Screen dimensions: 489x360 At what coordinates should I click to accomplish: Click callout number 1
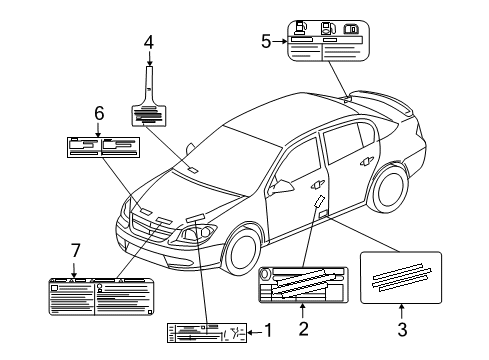268,331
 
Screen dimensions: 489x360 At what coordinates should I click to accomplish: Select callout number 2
304,328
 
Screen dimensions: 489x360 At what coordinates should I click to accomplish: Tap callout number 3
402,329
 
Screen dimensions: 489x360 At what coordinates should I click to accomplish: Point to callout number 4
149,43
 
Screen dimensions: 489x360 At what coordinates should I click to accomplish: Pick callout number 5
266,42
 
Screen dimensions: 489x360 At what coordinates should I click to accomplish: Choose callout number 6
99,113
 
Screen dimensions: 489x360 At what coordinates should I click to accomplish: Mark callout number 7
76,250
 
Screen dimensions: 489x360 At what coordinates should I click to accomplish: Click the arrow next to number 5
280,41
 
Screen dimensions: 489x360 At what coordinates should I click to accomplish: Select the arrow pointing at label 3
402,312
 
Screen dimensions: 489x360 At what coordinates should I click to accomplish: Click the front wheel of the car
242,248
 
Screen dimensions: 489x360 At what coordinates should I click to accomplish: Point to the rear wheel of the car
389,188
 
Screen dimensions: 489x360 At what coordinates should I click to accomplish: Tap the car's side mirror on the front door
281,187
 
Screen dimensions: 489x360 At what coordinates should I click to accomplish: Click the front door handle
317,185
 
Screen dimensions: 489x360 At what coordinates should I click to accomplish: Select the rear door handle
366,161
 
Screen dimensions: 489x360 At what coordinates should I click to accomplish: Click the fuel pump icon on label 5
301,28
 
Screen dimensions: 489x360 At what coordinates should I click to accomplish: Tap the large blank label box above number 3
401,277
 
